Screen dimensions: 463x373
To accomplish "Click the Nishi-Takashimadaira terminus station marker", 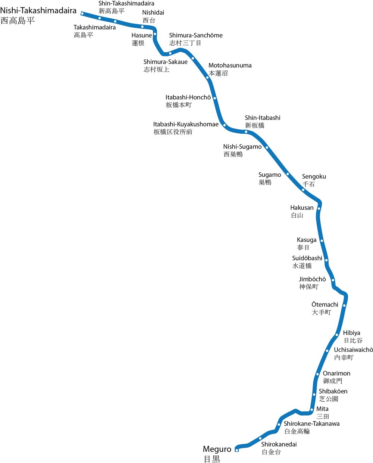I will click(82, 13).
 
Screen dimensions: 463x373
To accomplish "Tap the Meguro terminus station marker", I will click(237, 450).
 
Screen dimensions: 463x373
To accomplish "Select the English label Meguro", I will click(217, 449).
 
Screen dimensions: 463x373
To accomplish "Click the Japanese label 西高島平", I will click(18, 21).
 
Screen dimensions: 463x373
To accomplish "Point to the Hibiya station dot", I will click(336, 335).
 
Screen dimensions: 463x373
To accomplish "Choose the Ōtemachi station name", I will click(325, 305).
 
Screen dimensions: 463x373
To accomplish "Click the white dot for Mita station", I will click(312, 410).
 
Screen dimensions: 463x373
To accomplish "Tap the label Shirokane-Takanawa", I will click(311, 423).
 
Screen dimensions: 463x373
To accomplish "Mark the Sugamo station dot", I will click(288, 174).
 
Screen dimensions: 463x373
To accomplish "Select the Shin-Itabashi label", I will click(263, 118).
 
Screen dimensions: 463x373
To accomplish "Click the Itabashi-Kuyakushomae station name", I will click(186, 124).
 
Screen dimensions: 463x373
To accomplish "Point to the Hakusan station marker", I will click(319, 208).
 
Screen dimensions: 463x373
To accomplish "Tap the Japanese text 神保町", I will click(309, 287).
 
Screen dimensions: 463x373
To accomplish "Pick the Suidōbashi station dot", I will click(326, 260).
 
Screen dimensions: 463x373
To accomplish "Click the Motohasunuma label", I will click(230, 65).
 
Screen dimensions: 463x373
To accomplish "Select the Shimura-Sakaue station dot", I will click(170, 53).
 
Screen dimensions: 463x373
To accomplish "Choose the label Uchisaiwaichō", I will click(353, 350).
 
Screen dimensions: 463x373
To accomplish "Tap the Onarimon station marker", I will click(317, 374).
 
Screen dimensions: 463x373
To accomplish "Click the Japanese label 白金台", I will click(271, 452).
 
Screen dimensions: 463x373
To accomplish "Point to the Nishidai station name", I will click(153, 13).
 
